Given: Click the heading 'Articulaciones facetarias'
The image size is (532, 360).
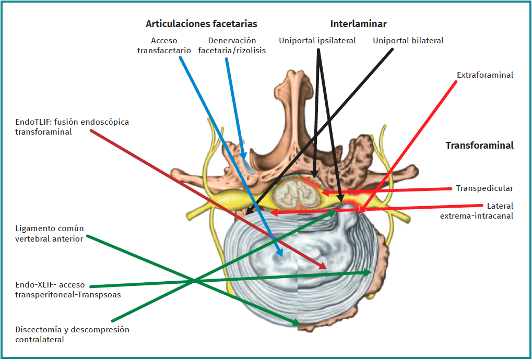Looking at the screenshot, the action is pyautogui.click(x=201, y=24).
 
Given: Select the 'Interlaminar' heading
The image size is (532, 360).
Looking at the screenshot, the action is pyautogui.click(x=358, y=24).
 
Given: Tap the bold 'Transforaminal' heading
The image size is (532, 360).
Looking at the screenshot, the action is pyautogui.click(x=479, y=146).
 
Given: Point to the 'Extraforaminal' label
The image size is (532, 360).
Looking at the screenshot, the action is pyautogui.click(x=485, y=75).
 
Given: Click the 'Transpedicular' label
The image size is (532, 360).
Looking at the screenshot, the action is pyautogui.click(x=484, y=188).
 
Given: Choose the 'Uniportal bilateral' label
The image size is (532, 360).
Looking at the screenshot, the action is pyautogui.click(x=408, y=41).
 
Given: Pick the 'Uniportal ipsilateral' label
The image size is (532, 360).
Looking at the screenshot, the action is pyautogui.click(x=317, y=41).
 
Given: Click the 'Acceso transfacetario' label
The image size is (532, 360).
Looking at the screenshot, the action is pyautogui.click(x=164, y=45).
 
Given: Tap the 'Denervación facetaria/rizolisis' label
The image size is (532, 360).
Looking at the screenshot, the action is pyautogui.click(x=232, y=45).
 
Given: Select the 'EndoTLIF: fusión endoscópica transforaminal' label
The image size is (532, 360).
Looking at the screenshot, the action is pyautogui.click(x=72, y=127).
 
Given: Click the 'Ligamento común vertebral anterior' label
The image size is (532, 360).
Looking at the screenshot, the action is pyautogui.click(x=49, y=234).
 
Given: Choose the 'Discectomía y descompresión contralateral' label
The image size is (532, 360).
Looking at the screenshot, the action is pyautogui.click(x=72, y=334).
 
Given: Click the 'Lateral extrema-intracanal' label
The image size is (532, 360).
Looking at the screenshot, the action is pyautogui.click(x=477, y=210).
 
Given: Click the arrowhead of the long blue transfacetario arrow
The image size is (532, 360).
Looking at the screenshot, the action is pyautogui.click(x=280, y=252).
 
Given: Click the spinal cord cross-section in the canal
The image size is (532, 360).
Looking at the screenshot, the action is pyautogui.click(x=297, y=193).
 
